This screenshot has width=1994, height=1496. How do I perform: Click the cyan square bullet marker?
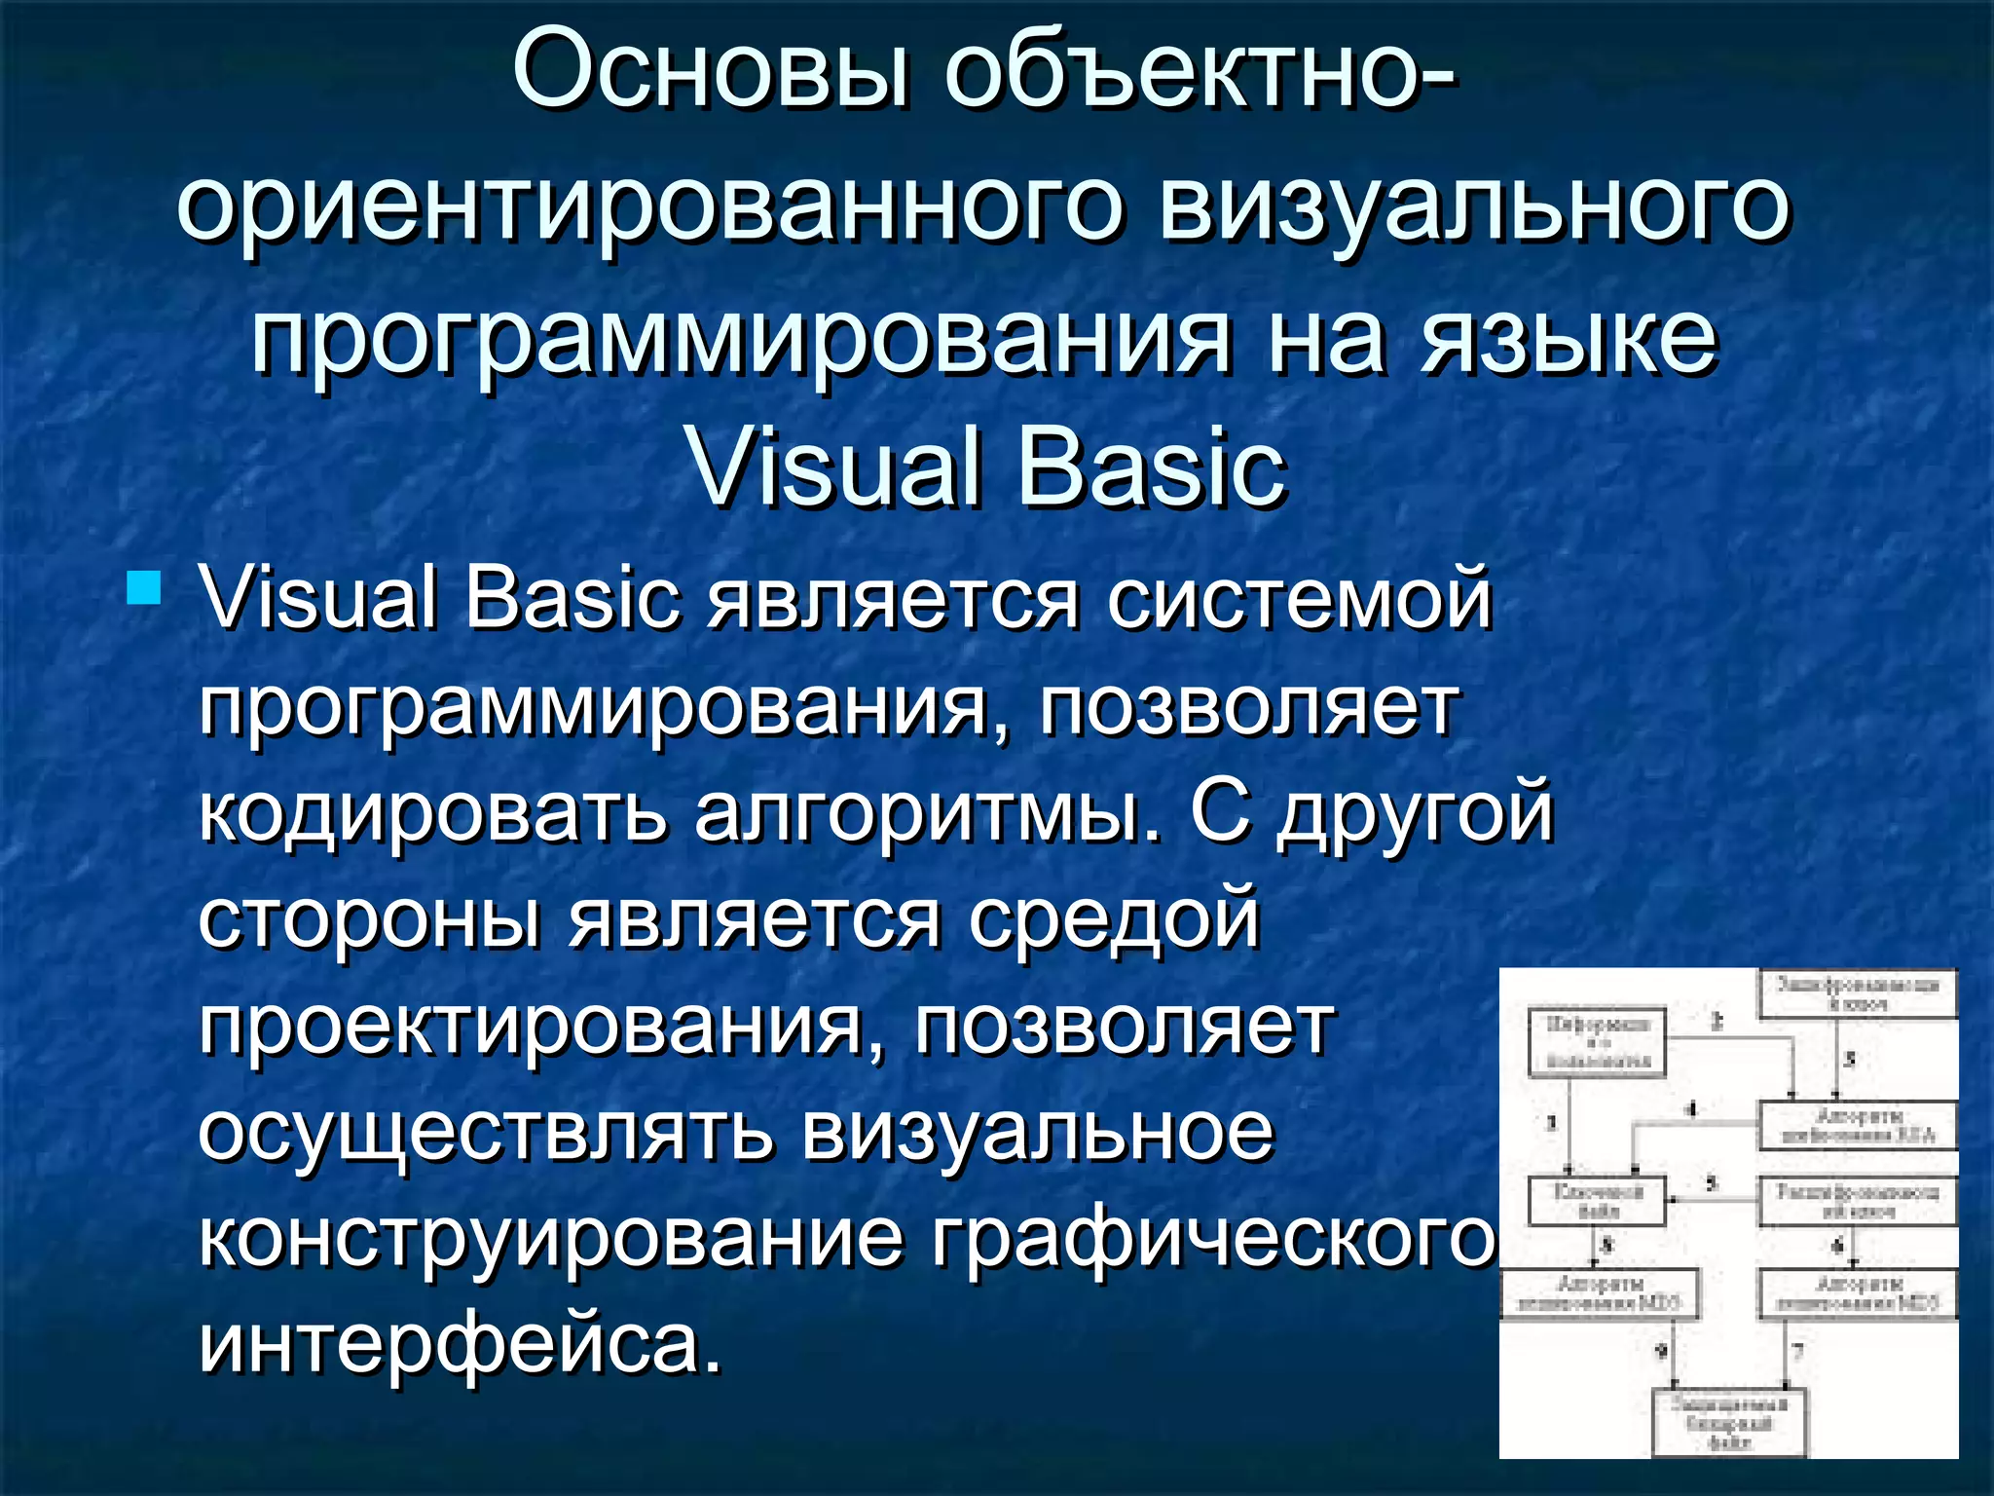[143, 588]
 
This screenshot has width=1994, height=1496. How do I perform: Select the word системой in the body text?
[1298, 598]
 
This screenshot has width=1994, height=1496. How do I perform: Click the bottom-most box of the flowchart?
[1729, 1422]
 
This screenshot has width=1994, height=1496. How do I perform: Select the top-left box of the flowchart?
[1597, 1042]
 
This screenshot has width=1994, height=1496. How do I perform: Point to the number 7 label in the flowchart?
[1797, 1352]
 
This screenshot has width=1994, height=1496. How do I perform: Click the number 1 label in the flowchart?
[1552, 1123]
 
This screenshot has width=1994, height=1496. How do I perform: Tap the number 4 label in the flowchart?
[1691, 1109]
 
